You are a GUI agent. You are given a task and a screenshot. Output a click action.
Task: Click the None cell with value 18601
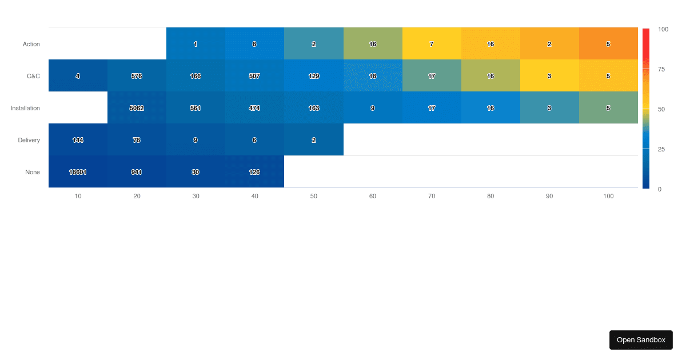pyautogui.click(x=78, y=172)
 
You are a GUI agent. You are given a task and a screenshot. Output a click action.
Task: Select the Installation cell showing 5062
pyautogui.click(x=137, y=108)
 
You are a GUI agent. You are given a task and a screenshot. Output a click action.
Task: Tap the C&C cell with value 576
pyautogui.click(x=137, y=76)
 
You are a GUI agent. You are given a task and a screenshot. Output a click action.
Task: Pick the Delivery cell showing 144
pyautogui.click(x=78, y=140)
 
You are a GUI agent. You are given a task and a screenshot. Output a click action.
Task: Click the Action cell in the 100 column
pyautogui.click(x=608, y=44)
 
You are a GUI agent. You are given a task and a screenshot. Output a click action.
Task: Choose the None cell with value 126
pyautogui.click(x=254, y=172)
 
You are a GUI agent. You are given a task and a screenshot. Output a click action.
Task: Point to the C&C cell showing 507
pyautogui.click(x=254, y=76)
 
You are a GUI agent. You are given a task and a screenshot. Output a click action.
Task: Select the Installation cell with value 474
pyautogui.click(x=254, y=108)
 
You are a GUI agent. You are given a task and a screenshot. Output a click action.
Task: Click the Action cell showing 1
pyautogui.click(x=196, y=44)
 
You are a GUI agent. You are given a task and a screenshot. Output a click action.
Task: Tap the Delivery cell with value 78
pyautogui.click(x=137, y=140)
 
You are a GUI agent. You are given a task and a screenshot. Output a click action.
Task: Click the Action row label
pyautogui.click(x=31, y=44)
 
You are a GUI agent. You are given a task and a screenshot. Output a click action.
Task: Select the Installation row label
pyautogui.click(x=25, y=108)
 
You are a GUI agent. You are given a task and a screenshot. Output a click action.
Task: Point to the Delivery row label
pyautogui.click(x=29, y=140)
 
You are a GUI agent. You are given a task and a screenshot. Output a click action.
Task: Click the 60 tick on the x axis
pyautogui.click(x=373, y=196)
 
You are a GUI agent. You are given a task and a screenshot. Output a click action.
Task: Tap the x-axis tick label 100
pyautogui.click(x=608, y=196)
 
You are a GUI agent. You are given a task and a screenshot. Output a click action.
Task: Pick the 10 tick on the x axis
pyautogui.click(x=78, y=196)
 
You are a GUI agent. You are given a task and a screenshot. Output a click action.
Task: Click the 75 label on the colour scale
pyautogui.click(x=661, y=69)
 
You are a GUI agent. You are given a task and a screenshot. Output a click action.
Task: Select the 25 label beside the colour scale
pyautogui.click(x=661, y=149)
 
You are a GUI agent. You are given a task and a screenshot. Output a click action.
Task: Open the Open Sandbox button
pyautogui.click(x=641, y=340)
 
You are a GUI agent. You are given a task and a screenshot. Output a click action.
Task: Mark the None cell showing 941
pyautogui.click(x=137, y=172)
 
